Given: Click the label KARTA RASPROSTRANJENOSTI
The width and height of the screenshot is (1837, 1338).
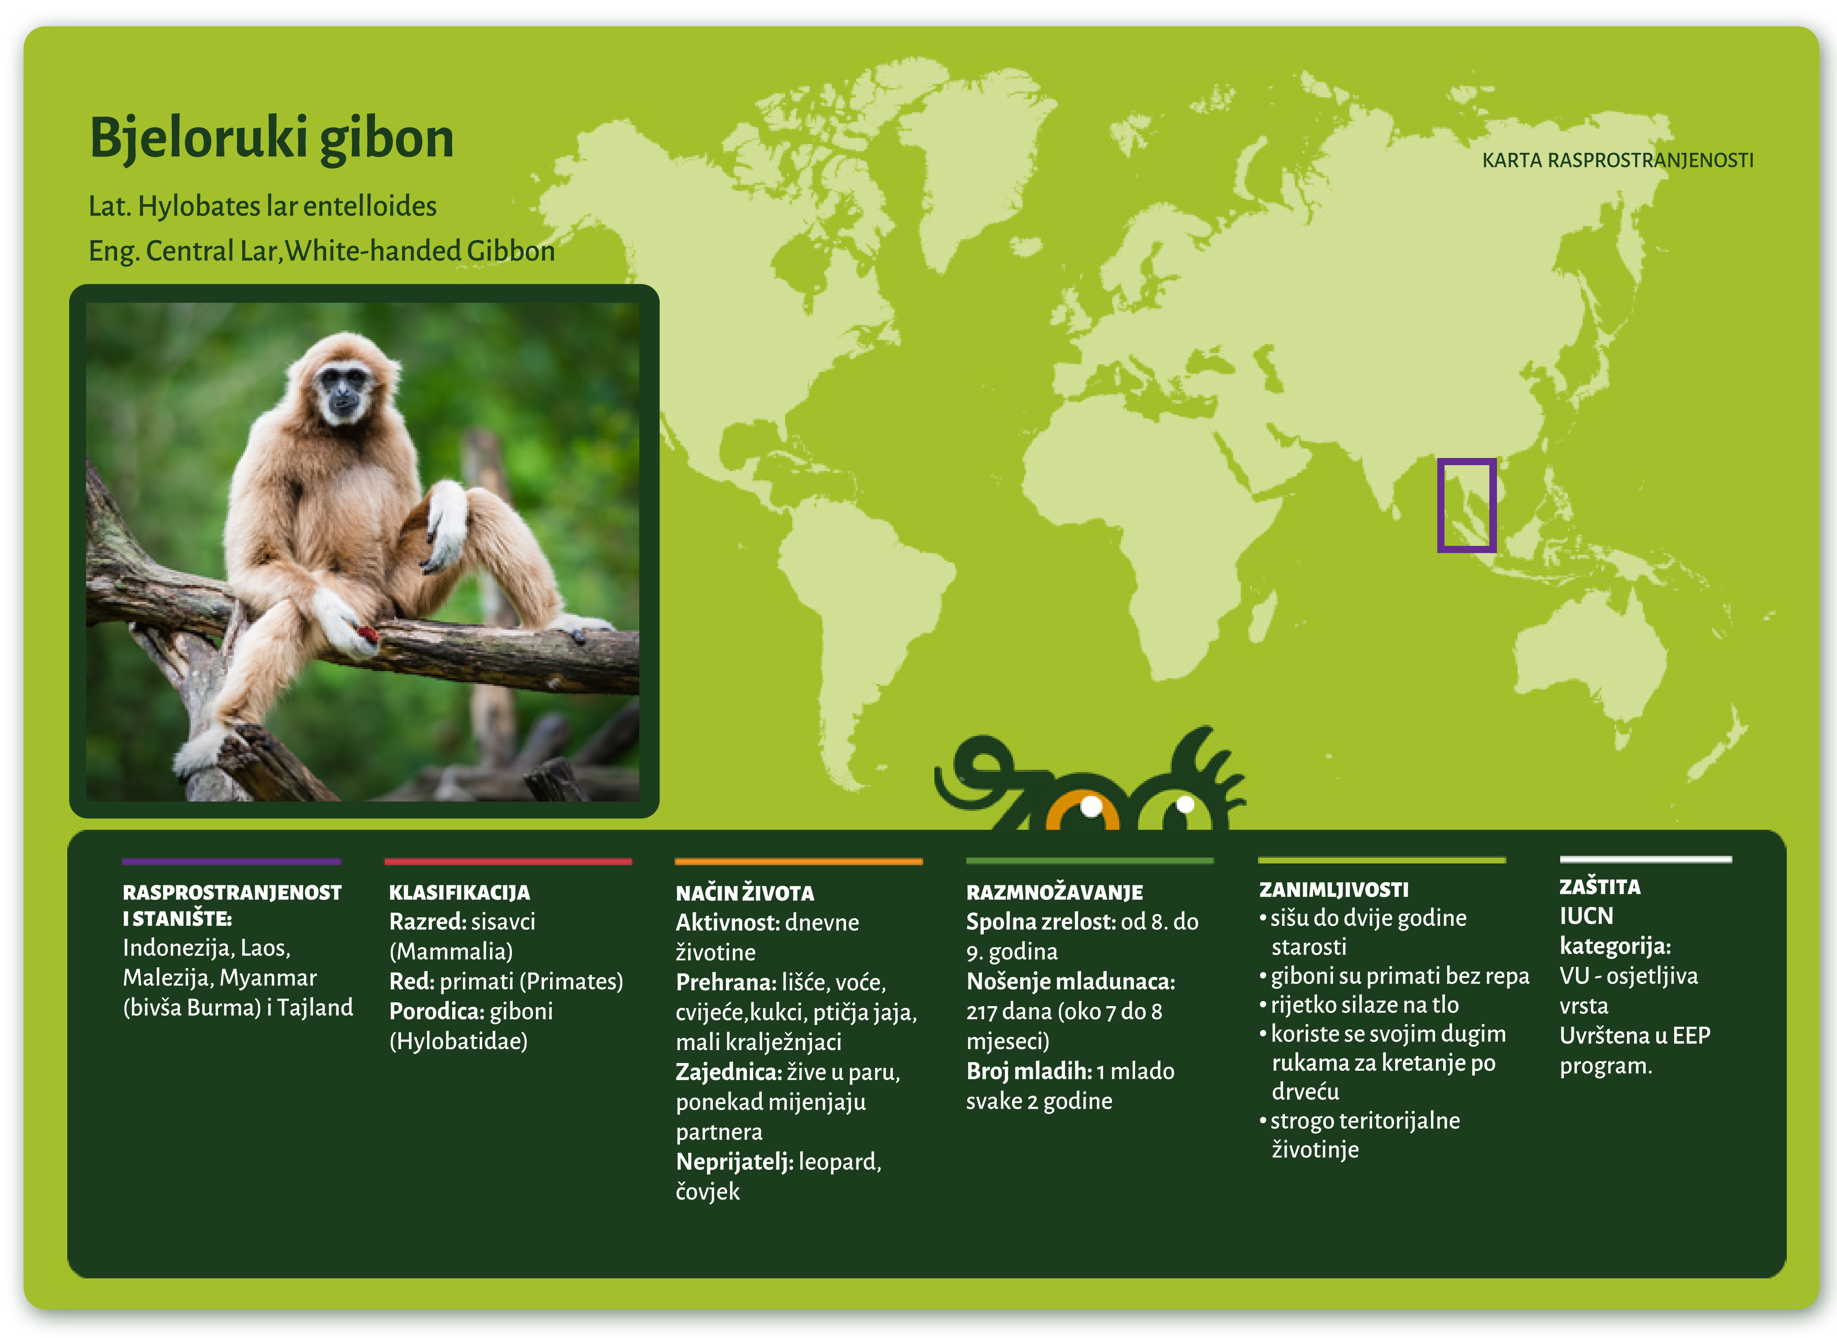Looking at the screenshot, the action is coord(1618,161).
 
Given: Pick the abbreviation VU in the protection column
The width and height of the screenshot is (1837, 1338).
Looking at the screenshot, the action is coord(1575,976).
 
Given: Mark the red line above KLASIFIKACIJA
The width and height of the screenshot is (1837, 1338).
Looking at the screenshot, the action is coord(508,861).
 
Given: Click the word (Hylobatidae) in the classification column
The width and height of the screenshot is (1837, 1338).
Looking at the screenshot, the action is coord(458,1042).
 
